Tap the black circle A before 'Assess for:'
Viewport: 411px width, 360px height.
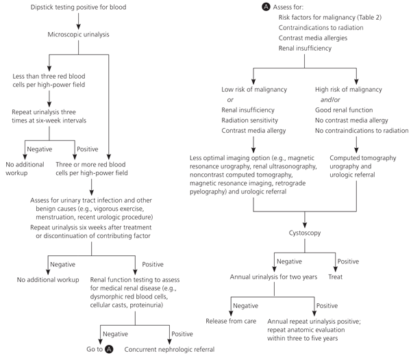[246, 8]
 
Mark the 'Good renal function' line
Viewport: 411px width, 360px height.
[343, 110]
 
